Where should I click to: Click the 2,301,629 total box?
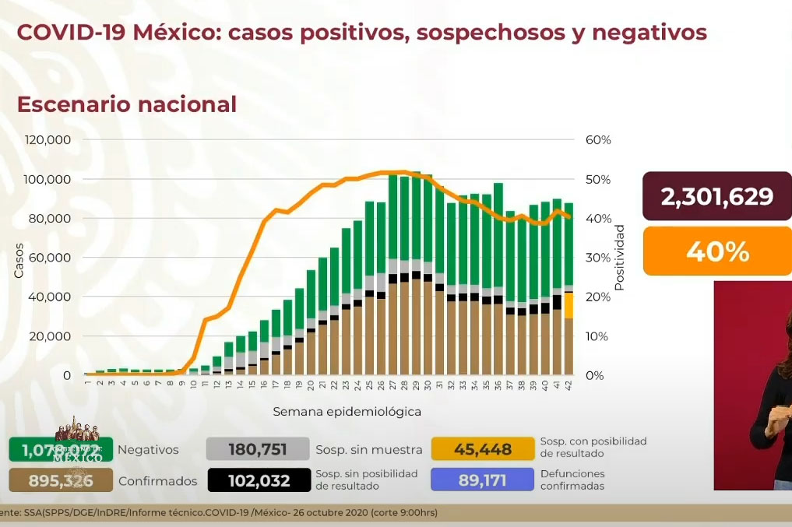[716, 196]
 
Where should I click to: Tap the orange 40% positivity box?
[716, 251]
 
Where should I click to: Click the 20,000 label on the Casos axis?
[53, 336]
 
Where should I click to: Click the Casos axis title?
[19, 261]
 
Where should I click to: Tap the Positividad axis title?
[620, 258]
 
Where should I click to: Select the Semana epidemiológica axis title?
[347, 411]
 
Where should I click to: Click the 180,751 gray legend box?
[257, 449]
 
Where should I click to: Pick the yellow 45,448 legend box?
[483, 449]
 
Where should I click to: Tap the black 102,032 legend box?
[257, 480]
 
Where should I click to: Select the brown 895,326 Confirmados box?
[60, 481]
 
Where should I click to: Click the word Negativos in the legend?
[148, 450]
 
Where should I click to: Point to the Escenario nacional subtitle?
[127, 104]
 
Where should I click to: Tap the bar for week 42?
[568, 288]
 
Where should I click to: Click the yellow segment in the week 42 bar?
[569, 305]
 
